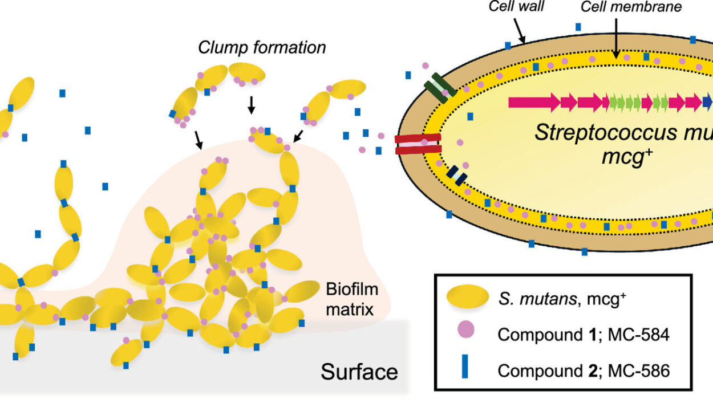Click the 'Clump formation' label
pyautogui.click(x=262, y=47)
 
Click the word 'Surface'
pyautogui.click(x=359, y=372)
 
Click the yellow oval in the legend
pyautogui.click(x=467, y=298)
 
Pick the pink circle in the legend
pyautogui.click(x=467, y=333)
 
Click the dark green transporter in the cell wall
pyautogui.click(x=439, y=87)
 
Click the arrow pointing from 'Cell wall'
pyautogui.click(x=521, y=29)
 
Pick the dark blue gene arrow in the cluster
pyautogui.click(x=707, y=103)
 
